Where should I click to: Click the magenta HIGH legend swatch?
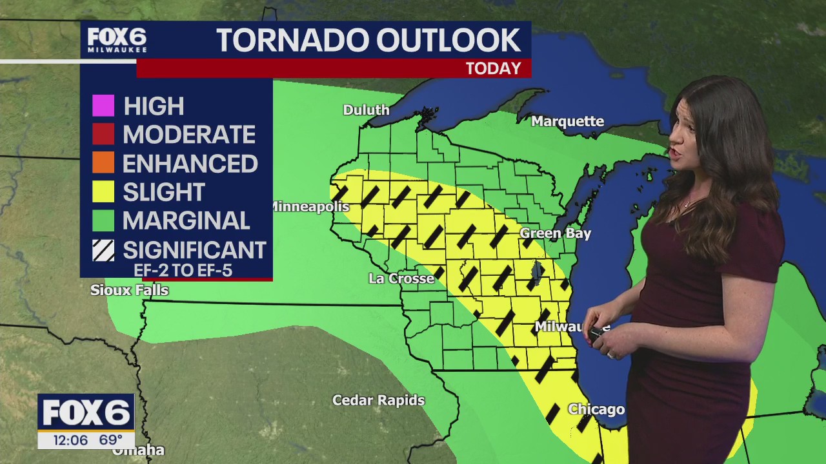click(x=103, y=106)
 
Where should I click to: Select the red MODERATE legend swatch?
click(x=103, y=134)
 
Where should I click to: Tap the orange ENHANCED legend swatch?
click(x=103, y=163)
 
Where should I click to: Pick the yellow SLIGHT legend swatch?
click(x=103, y=191)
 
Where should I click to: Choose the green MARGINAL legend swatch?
click(x=103, y=220)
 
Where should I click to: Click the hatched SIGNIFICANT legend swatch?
click(x=103, y=250)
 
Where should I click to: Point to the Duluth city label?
click(x=366, y=110)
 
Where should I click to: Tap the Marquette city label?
click(x=568, y=122)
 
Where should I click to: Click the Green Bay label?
click(x=555, y=233)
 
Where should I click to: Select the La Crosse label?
click(x=401, y=279)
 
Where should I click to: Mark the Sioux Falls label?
click(x=129, y=291)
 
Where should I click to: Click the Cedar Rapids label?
click(x=378, y=400)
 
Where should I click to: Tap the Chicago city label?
click(x=596, y=410)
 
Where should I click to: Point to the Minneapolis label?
click(x=309, y=207)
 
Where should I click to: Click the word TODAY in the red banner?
click(x=493, y=69)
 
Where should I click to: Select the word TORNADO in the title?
click(x=291, y=41)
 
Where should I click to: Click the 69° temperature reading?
click(x=110, y=440)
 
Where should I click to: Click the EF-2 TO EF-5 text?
click(x=183, y=270)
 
